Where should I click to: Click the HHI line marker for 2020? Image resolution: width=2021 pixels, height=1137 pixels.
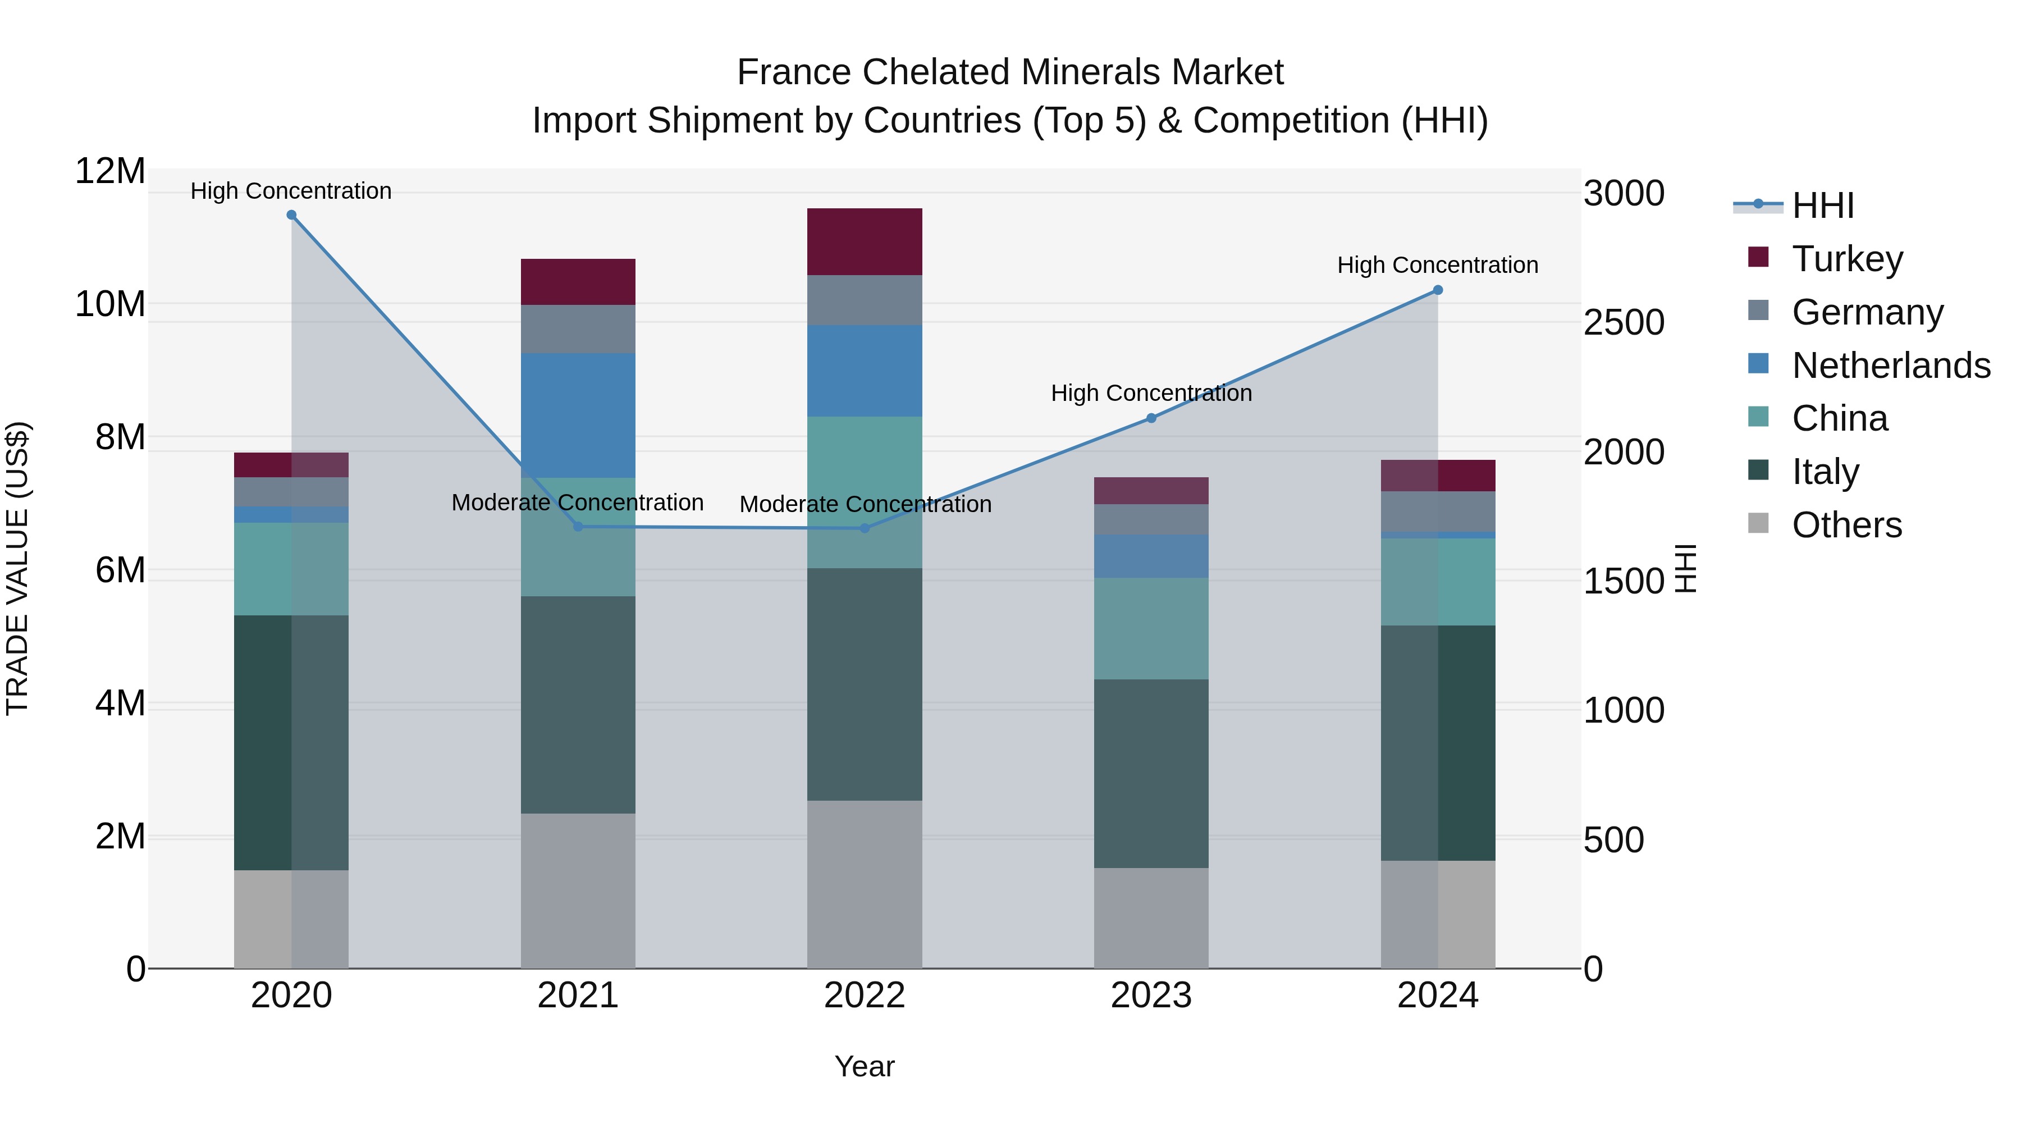[x=291, y=215]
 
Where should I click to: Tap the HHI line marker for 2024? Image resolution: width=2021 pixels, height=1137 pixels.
[x=1437, y=290]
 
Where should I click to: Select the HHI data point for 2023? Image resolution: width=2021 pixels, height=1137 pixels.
[x=1151, y=418]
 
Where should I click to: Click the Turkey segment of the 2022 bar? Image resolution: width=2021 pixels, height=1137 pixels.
[x=865, y=241]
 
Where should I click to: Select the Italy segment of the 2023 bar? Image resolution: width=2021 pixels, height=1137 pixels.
[x=1151, y=773]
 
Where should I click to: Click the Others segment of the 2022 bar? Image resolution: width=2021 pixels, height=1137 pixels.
[x=865, y=884]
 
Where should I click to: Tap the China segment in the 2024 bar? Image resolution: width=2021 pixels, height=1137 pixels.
[x=1437, y=582]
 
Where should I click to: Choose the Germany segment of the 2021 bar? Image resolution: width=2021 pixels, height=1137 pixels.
[x=578, y=329]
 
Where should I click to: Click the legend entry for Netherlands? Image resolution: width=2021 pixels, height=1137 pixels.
[x=1891, y=366]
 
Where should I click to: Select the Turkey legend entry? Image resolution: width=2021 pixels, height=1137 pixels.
[x=1847, y=259]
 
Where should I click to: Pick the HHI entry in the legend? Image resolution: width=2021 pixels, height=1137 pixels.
[x=1822, y=206]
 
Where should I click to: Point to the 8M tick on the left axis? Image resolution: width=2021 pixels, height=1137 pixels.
[x=120, y=437]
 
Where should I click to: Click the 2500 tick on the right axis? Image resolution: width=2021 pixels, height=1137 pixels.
[x=1623, y=322]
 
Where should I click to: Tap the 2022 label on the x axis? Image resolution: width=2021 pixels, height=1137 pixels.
[x=865, y=996]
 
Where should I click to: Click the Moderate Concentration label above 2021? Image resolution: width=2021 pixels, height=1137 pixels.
[x=578, y=502]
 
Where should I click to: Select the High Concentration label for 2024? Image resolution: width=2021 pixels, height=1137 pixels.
[x=1437, y=265]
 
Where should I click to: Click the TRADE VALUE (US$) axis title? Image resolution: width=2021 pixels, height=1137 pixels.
[x=17, y=568]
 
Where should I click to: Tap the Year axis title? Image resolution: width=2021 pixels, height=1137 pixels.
[x=865, y=1066]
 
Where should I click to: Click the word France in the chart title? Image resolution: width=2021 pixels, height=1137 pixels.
[x=793, y=72]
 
